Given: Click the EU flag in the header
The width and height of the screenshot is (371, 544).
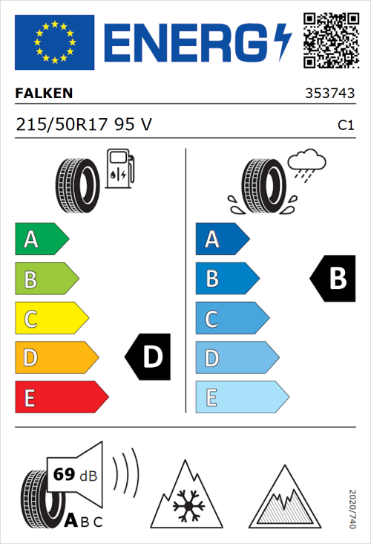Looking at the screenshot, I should tap(54, 42).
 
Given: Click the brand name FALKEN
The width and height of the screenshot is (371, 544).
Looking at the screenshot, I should tap(45, 94).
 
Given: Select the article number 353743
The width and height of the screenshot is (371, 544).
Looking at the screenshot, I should tap(329, 94).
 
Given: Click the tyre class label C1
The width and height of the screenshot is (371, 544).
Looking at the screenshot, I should tap(345, 126).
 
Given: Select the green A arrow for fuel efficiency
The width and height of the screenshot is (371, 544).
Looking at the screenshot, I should tap(41, 239).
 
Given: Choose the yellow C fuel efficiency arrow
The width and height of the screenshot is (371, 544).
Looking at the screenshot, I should tap(50, 318).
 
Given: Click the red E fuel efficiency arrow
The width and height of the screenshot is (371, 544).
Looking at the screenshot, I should tap(61, 397).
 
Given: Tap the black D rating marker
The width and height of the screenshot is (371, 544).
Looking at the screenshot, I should tap(149, 357).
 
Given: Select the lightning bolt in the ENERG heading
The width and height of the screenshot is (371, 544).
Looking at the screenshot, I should tap(281, 42).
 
